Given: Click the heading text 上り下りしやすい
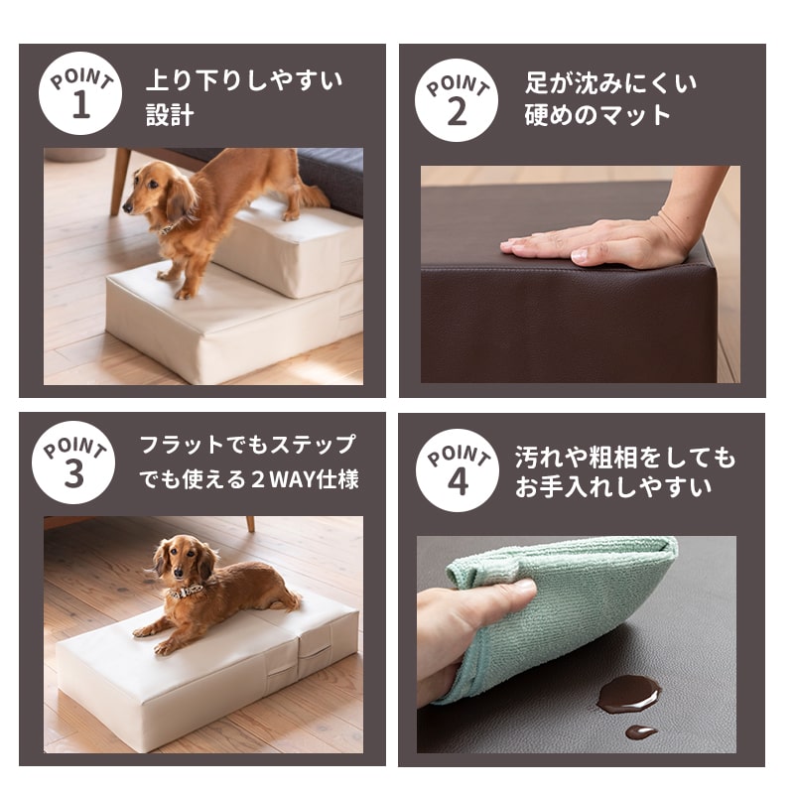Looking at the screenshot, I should (243, 80).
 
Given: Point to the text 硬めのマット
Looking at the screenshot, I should (597, 115).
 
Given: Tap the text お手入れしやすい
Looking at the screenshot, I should (612, 488).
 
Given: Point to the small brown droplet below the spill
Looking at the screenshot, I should (640, 732).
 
